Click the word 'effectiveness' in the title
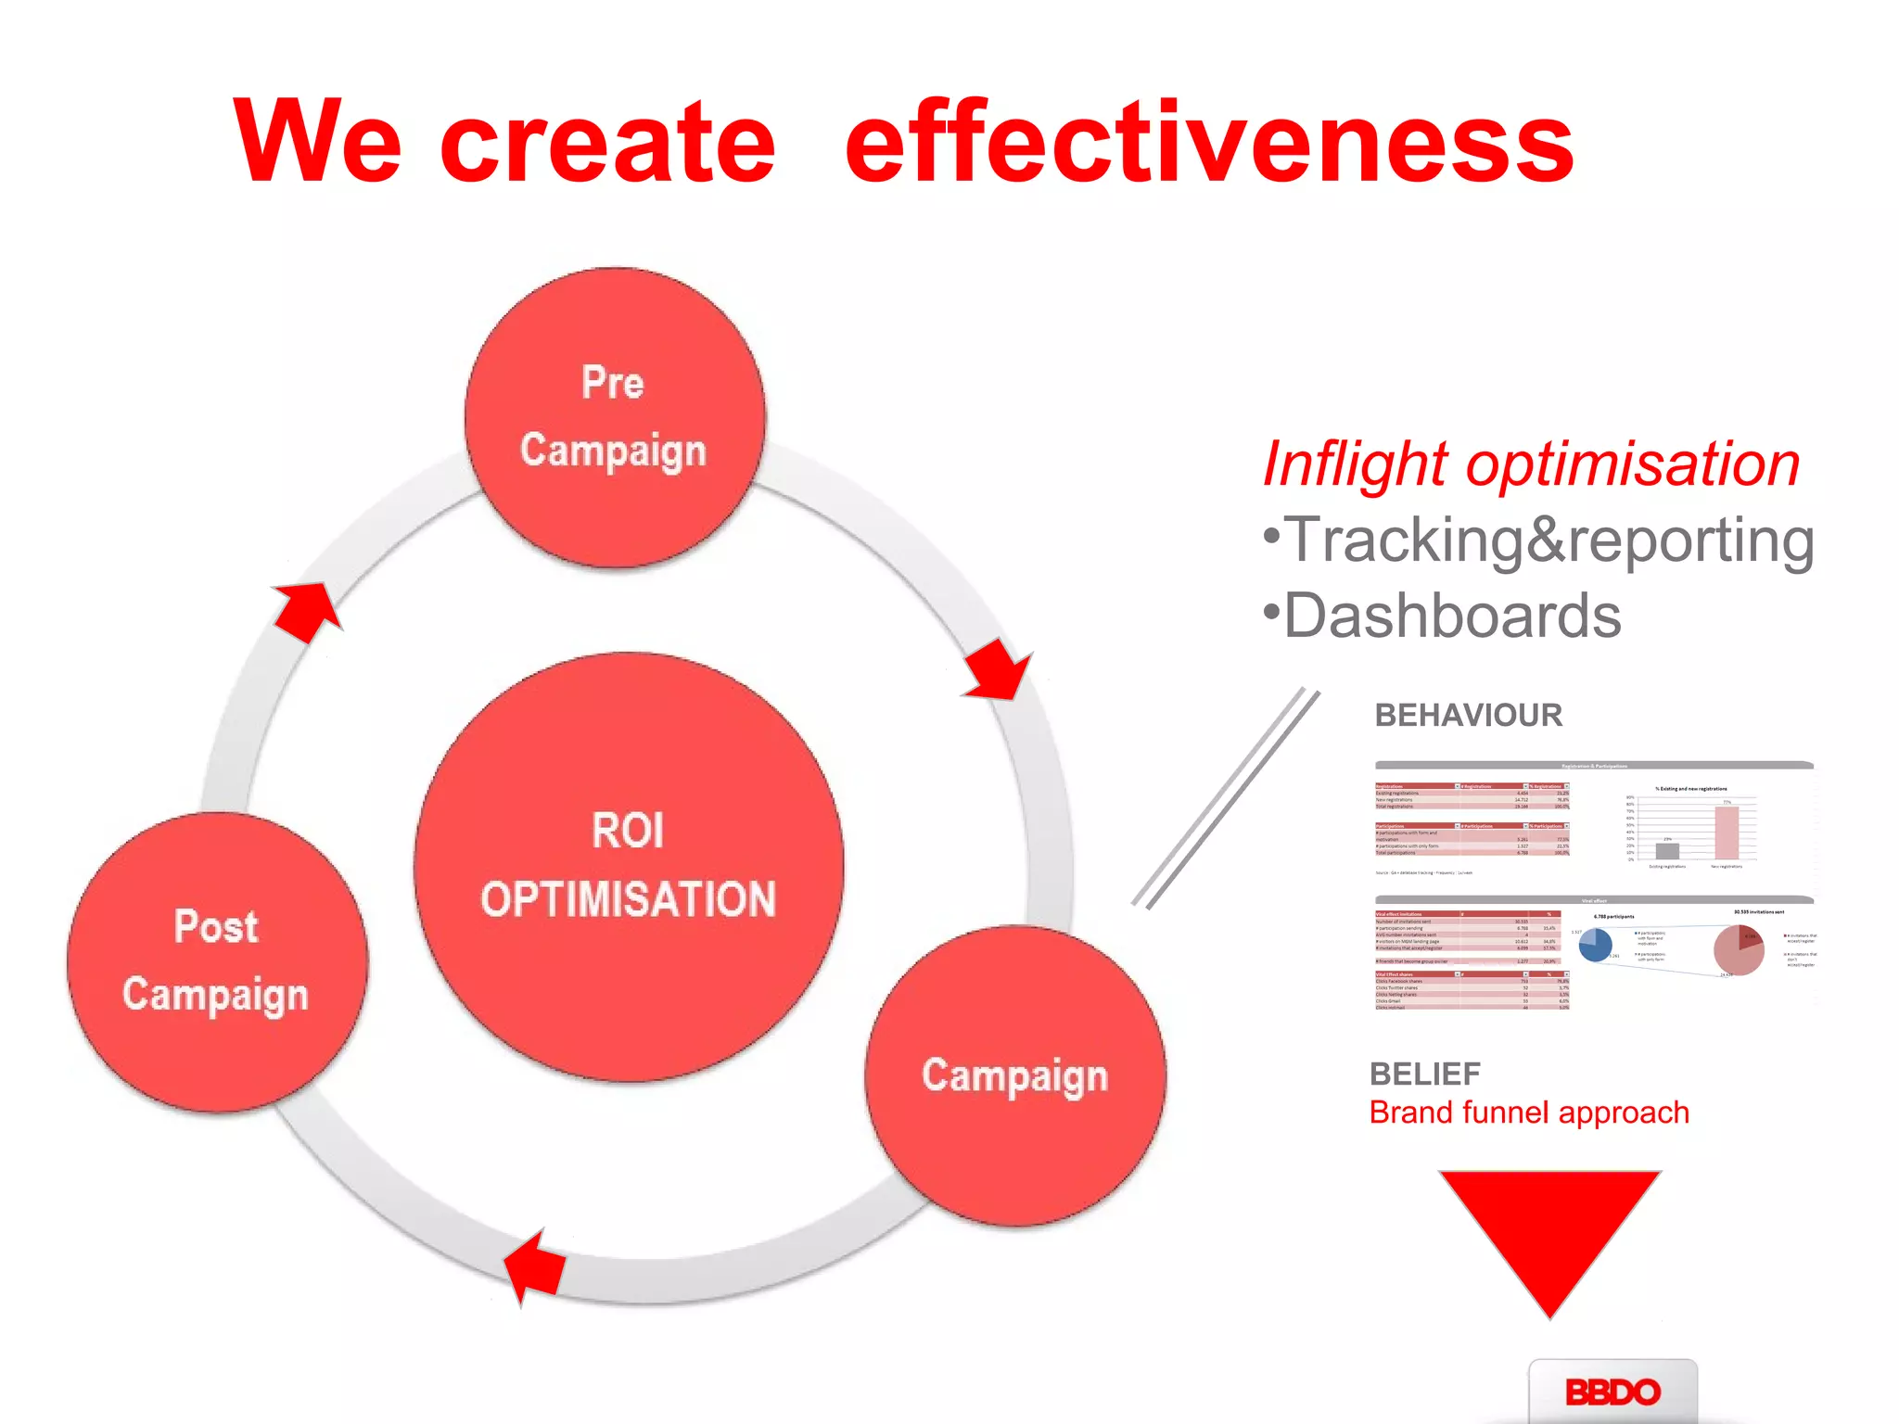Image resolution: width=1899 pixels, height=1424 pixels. point(1209,142)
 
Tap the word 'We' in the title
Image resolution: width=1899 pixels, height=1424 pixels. point(317,142)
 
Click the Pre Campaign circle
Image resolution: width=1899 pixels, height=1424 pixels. point(615,417)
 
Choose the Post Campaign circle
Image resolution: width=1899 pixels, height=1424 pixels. point(217,961)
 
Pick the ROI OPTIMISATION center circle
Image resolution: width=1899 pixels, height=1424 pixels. point(629,867)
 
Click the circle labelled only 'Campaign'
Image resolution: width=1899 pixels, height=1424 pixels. point(1014,1075)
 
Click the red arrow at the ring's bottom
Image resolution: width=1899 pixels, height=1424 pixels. point(535,1266)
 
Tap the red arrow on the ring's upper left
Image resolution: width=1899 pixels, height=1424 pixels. point(307,610)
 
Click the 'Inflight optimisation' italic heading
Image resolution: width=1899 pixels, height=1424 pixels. point(1531,464)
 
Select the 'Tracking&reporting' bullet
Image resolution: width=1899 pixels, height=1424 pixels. point(1539,540)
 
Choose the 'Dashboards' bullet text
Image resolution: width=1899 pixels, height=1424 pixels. point(1443,616)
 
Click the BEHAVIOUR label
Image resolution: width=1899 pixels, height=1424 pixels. point(1468,715)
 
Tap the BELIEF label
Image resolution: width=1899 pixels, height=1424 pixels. point(1424,1074)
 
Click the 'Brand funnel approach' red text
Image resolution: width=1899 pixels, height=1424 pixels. point(1528,1112)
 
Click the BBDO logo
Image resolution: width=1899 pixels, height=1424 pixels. point(1612,1391)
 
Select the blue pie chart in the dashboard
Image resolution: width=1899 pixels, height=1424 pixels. point(1595,945)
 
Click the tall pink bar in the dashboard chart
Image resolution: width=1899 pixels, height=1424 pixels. point(1726,833)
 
